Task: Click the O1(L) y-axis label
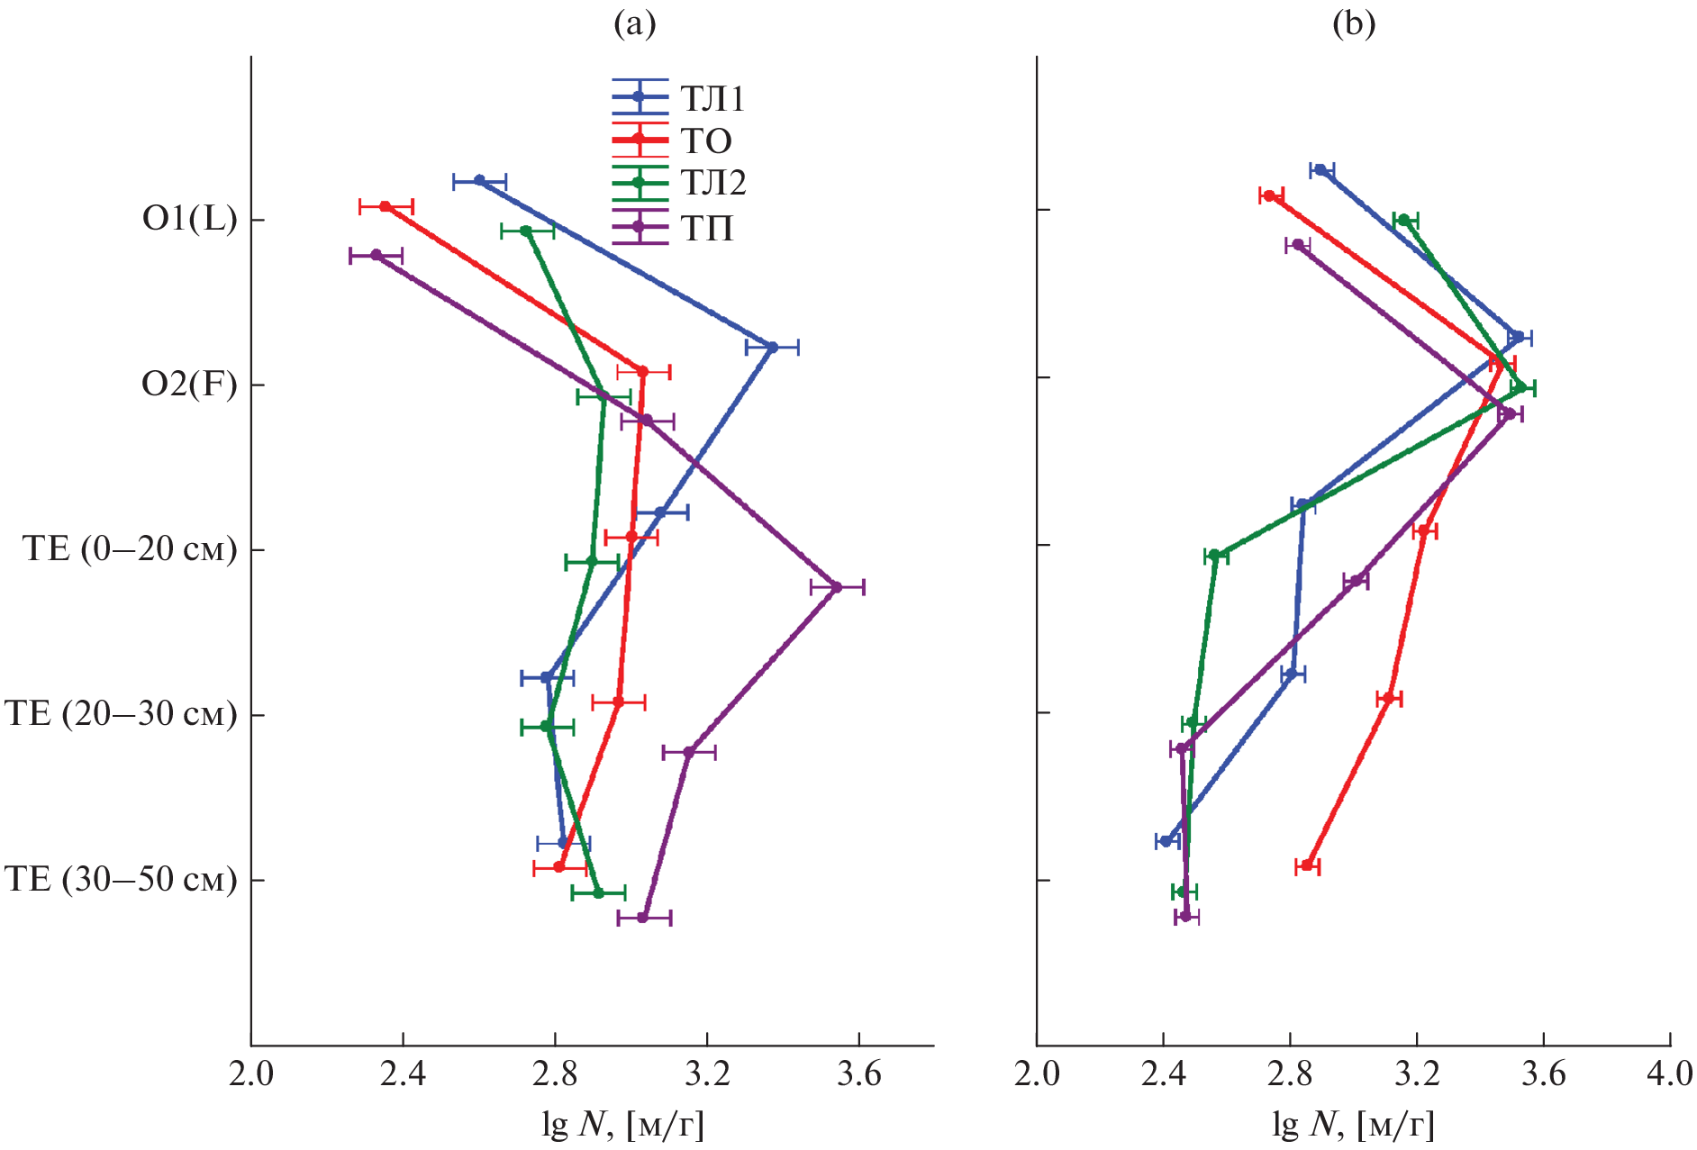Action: pos(189,219)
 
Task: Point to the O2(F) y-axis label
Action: pos(189,385)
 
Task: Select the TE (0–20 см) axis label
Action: pos(131,549)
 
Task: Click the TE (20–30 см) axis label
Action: pos(122,714)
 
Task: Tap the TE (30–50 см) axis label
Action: pos(122,880)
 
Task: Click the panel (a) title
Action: pos(634,23)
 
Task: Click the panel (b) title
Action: pos(1354,23)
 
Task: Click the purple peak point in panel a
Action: pos(837,587)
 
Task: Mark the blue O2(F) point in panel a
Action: pos(772,347)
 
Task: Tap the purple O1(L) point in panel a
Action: pos(376,255)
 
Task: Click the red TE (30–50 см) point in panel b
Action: pos(1308,865)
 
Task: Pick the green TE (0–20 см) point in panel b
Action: pos(1215,555)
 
